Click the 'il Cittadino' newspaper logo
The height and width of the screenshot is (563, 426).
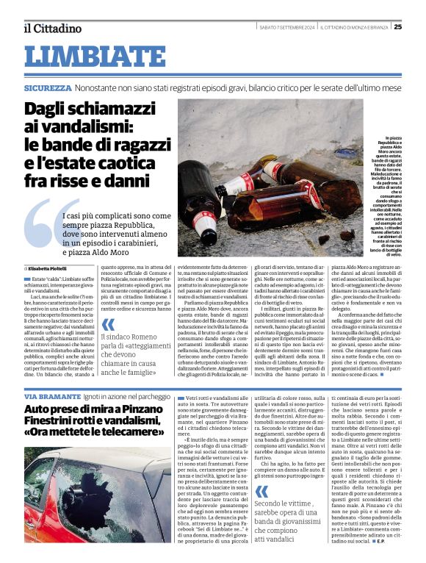click(x=51, y=28)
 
